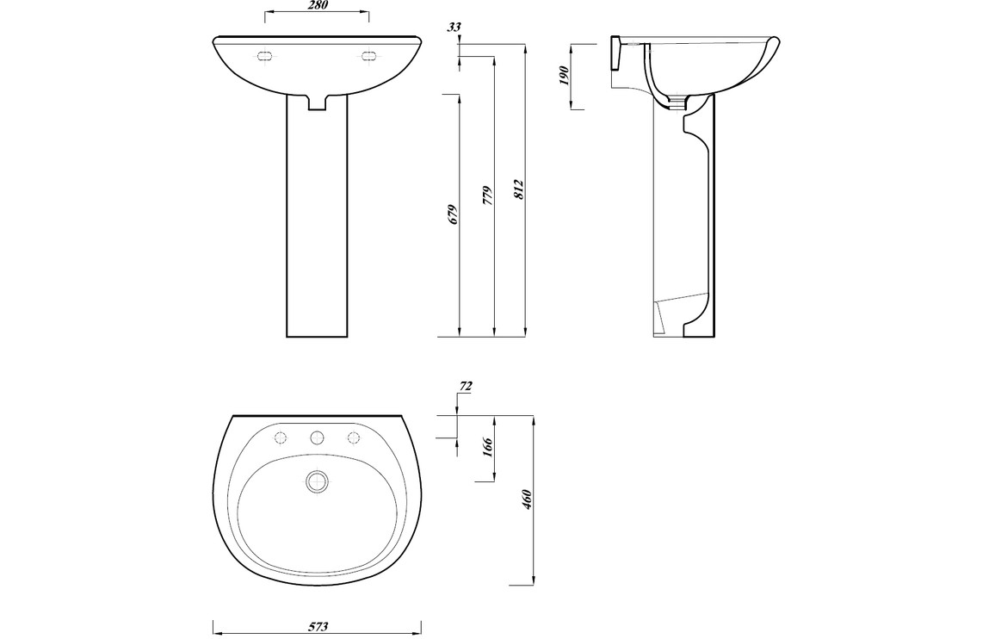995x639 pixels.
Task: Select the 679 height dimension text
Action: point(453,215)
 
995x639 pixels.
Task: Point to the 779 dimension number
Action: point(486,195)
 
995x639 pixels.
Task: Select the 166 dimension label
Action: point(487,447)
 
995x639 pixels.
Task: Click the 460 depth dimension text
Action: point(525,499)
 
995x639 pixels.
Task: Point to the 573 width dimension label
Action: point(318,627)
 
